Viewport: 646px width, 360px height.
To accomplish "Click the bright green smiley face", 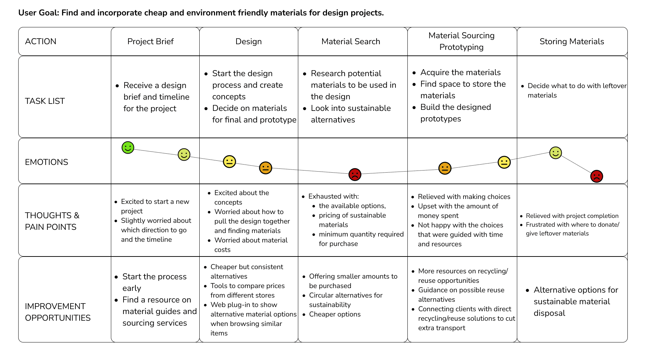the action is point(128,148).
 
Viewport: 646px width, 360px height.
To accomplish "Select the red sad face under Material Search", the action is point(355,174).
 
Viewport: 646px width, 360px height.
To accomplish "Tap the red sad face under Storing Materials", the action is point(597,176).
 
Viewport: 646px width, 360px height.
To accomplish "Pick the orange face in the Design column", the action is point(266,168).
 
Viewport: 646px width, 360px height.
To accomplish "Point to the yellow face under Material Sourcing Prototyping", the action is point(504,162).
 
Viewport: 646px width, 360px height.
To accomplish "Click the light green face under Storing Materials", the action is point(555,153).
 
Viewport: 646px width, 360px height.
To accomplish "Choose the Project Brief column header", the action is point(151,41).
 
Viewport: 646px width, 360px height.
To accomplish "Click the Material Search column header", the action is point(351,41).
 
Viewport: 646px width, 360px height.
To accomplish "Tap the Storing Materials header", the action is point(572,41).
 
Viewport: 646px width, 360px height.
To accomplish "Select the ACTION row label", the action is point(41,41).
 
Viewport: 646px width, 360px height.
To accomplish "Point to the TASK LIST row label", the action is point(45,101).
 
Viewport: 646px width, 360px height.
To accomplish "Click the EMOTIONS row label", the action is point(47,162).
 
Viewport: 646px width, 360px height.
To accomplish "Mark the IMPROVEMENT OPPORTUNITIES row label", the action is point(58,312).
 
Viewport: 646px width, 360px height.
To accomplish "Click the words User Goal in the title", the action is point(39,13).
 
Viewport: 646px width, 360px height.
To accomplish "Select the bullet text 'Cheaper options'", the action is point(335,314).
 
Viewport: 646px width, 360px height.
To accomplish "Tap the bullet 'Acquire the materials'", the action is point(460,72).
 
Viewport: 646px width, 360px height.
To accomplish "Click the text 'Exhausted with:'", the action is point(334,196).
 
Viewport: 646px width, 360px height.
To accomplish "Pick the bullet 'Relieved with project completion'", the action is point(572,216).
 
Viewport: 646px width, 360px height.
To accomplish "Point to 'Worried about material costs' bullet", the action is point(251,245).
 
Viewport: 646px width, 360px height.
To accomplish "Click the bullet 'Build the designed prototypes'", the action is point(455,113).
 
